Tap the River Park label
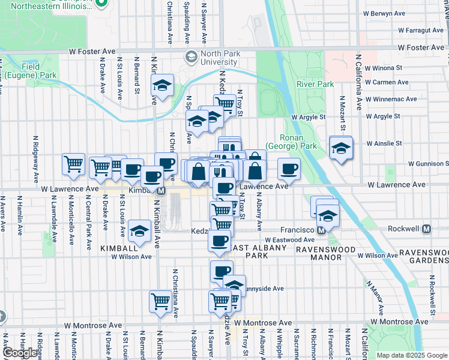(315, 84)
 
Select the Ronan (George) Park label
(299, 141)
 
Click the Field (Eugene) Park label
(31, 71)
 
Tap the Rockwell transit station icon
(427, 229)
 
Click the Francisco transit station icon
(321, 230)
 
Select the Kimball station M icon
(161, 191)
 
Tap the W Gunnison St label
(428, 163)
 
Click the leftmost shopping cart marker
(73, 163)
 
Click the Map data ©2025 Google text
(411, 355)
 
